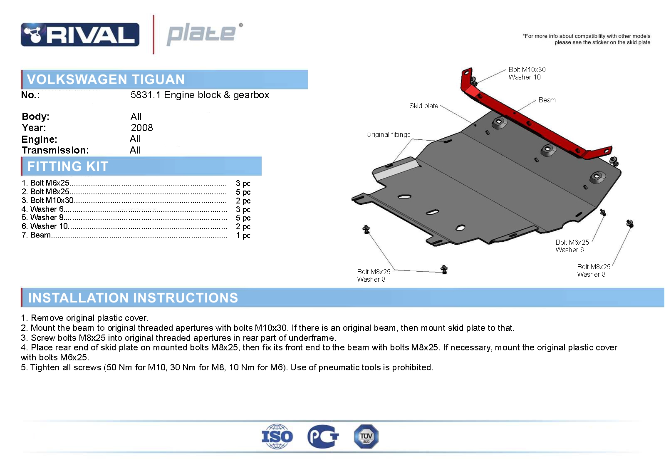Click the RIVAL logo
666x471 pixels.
tap(80, 35)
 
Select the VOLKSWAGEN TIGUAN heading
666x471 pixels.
tap(106, 79)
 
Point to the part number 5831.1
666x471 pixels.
tap(146, 95)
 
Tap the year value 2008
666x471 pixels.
tap(142, 128)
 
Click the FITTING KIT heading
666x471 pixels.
tap(68, 166)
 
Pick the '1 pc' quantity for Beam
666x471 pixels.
tap(243, 235)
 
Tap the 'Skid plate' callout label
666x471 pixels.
tap(423, 106)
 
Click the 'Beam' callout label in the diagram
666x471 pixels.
tap(547, 100)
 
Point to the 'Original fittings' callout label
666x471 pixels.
tap(388, 135)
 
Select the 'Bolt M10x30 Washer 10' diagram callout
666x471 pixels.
tap(527, 74)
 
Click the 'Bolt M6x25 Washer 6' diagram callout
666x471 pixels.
tap(572, 246)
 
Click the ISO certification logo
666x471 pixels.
tap(277, 436)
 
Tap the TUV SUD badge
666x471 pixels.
tap(366, 436)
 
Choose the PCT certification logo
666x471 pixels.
tap(323, 436)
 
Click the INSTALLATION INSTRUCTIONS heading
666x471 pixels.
tap(133, 297)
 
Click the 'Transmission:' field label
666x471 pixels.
tap(55, 150)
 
